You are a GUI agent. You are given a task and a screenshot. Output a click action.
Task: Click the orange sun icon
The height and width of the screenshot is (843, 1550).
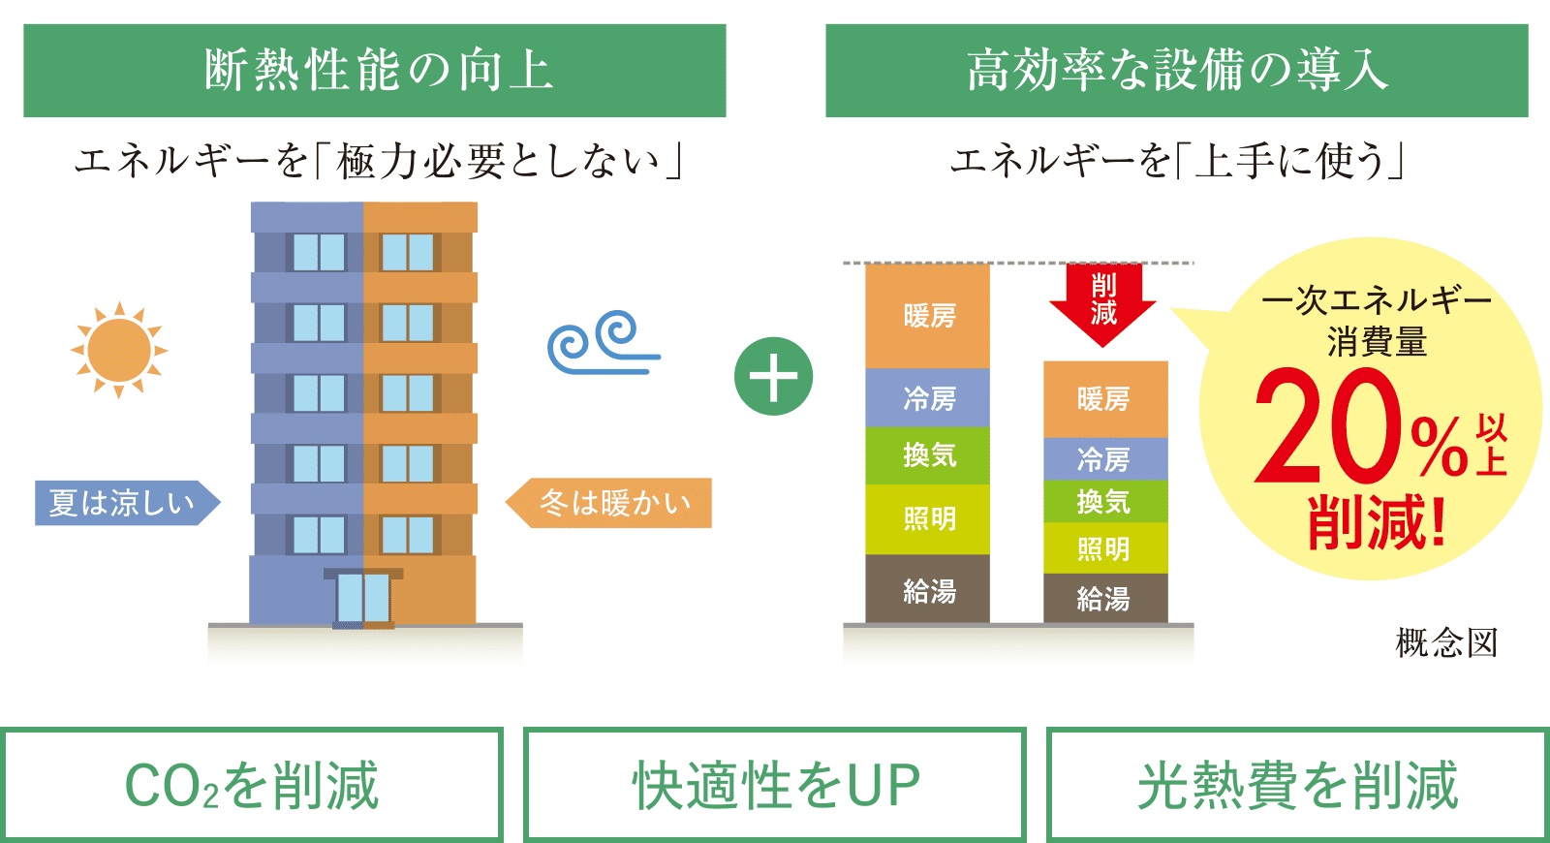tap(119, 350)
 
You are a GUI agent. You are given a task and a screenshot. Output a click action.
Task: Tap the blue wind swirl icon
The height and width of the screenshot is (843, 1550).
tap(601, 342)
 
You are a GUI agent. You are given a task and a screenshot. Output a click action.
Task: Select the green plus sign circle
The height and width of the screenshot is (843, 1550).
tap(773, 377)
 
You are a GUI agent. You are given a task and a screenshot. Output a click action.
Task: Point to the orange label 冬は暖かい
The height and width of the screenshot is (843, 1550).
tap(611, 503)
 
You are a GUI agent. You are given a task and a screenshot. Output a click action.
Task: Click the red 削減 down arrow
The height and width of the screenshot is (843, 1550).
tap(1103, 301)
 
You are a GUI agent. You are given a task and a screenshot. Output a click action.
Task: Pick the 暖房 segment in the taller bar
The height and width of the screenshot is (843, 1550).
tap(928, 316)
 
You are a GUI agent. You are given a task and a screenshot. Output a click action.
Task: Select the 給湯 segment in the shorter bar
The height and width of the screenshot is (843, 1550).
tap(1104, 598)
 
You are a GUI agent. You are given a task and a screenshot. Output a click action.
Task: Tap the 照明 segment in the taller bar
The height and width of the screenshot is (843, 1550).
tap(928, 519)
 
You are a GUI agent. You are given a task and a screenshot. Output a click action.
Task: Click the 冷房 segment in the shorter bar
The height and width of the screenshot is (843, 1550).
tap(1104, 458)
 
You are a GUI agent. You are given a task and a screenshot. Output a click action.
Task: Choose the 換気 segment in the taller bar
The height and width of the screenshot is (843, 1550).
tap(928, 454)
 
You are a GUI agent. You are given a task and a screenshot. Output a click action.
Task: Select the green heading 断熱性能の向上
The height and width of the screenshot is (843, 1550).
tap(375, 71)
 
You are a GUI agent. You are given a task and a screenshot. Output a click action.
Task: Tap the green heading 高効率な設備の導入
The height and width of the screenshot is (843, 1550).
tap(1176, 71)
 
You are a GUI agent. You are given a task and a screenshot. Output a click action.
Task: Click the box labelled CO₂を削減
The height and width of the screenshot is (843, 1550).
tap(252, 785)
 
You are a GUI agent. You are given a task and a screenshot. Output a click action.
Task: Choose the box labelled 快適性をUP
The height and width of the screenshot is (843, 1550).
tap(774, 785)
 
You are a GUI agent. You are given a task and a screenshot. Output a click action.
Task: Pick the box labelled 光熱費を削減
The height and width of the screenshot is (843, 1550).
tap(1297, 785)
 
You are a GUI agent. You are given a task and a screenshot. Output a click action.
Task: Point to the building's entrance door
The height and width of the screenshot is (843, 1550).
tap(363, 598)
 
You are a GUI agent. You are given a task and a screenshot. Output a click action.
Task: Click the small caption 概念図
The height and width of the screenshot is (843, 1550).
tap(1446, 642)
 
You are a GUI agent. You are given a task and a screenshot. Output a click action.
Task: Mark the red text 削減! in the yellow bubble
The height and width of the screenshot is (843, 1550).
tap(1376, 523)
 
